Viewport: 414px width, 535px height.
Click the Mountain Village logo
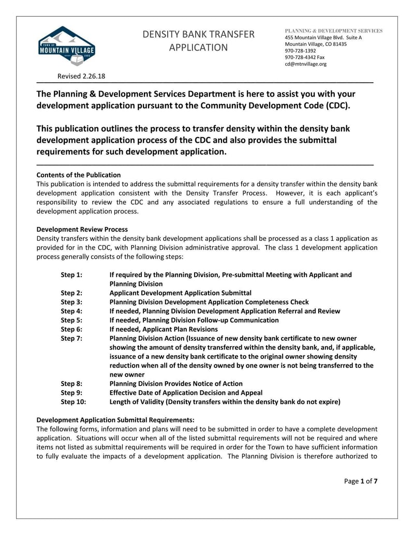(67, 46)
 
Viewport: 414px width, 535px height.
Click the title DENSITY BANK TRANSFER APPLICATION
(199, 41)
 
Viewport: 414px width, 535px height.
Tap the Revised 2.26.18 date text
(81, 77)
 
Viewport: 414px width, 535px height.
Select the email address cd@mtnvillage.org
(305, 64)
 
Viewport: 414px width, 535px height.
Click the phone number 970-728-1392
(300, 51)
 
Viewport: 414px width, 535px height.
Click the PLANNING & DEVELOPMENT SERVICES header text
(334, 31)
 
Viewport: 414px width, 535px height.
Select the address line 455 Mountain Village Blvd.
(323, 38)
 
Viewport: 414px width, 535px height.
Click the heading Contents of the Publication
(79, 175)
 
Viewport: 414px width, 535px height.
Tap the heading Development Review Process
(82, 229)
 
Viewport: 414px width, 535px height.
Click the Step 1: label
(71, 275)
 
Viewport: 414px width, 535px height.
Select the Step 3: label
(71, 302)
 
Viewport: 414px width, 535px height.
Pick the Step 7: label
(71, 338)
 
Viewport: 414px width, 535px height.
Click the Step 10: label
(73, 402)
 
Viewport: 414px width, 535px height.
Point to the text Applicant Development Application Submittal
(181, 293)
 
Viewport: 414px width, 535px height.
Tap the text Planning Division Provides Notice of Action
(176, 384)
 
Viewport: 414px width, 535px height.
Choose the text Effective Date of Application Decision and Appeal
(186, 392)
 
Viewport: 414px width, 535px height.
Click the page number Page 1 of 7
(361, 481)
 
